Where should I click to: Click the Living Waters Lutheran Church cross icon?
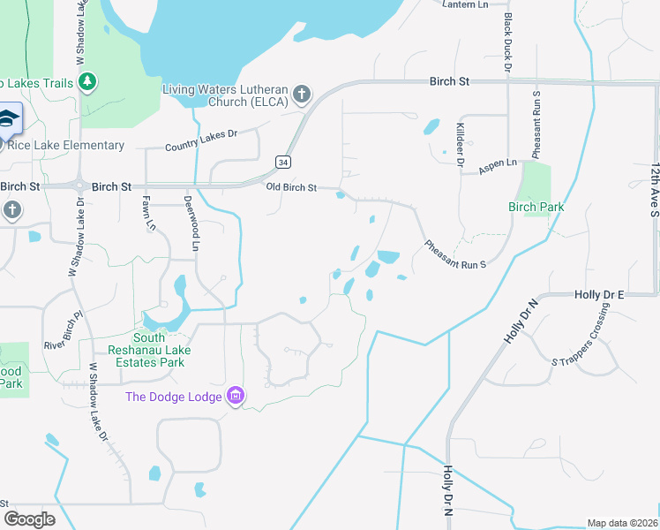pyautogui.click(x=301, y=94)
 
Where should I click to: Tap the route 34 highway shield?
pyautogui.click(x=281, y=162)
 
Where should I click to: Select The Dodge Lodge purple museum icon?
pyautogui.click(x=235, y=396)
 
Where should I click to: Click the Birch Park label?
pyautogui.click(x=536, y=207)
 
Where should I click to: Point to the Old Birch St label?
pyautogui.click(x=291, y=187)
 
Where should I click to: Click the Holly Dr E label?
pyautogui.click(x=599, y=294)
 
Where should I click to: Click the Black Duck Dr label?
pyautogui.click(x=507, y=42)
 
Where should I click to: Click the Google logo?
pyautogui.click(x=30, y=519)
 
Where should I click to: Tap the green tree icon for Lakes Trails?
pyautogui.click(x=86, y=82)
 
